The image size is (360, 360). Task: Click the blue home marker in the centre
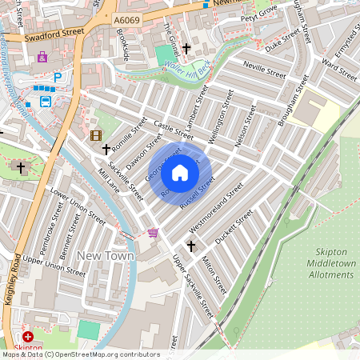[180, 173]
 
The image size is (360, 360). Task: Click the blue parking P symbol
[57, 78]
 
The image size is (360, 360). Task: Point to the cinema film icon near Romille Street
[96, 135]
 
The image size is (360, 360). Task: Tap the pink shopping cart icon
[153, 233]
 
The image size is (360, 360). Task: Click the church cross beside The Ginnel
[186, 49]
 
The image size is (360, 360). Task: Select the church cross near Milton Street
[190, 245]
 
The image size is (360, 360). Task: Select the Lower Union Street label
[78, 206]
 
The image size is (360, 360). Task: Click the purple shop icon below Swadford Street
[42, 57]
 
